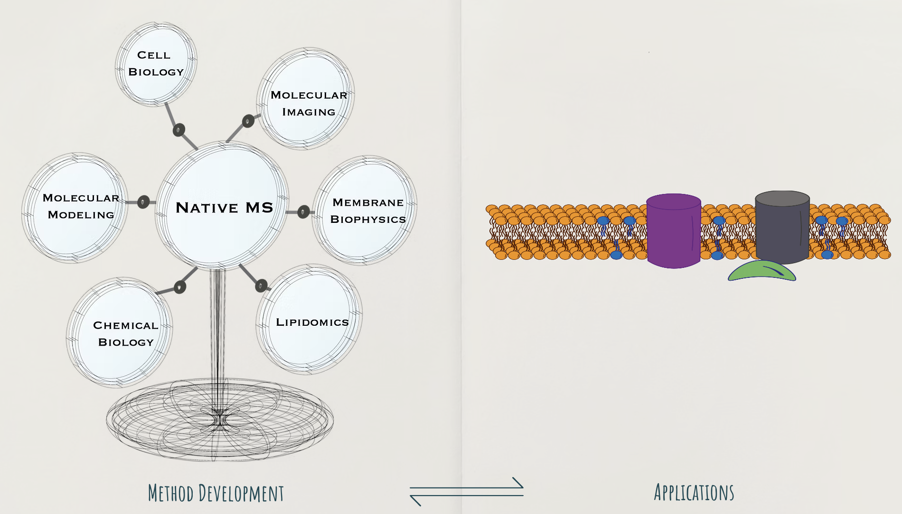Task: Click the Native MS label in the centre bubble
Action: click(224, 208)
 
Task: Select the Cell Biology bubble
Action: click(156, 64)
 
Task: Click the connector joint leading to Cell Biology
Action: click(179, 129)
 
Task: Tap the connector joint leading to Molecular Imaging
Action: click(248, 121)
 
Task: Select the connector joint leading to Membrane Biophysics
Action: click(303, 212)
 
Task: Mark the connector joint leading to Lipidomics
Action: click(261, 285)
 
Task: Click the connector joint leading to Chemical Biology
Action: click(179, 287)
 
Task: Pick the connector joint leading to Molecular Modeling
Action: click(143, 202)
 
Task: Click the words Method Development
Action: click(216, 493)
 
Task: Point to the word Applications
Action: click(694, 492)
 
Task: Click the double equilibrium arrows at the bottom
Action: click(467, 491)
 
